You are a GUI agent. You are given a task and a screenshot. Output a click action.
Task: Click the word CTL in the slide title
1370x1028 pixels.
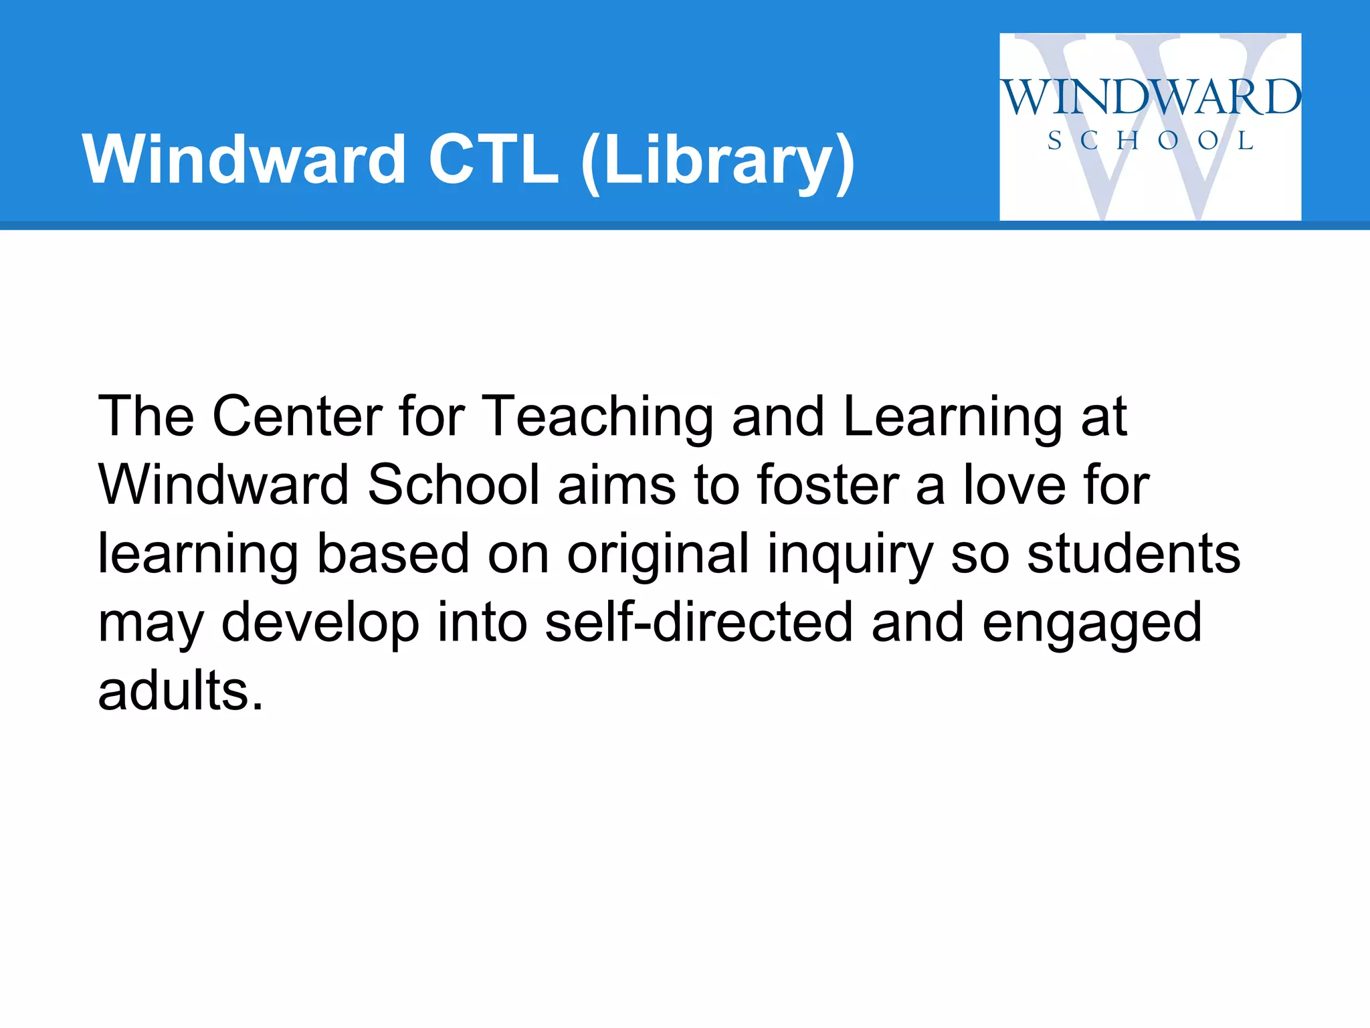[493, 159]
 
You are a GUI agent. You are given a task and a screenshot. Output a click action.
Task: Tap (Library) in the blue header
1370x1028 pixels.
[718, 161]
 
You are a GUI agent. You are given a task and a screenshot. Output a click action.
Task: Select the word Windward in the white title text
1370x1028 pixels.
[244, 159]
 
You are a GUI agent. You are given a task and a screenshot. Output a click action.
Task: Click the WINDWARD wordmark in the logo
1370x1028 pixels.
[1151, 98]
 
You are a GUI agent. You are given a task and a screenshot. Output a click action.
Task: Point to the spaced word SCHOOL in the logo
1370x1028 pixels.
[1151, 141]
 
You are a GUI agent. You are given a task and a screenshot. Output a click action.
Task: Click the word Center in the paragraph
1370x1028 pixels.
[298, 416]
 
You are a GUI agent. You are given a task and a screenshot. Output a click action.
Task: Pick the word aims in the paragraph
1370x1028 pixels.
[616, 485]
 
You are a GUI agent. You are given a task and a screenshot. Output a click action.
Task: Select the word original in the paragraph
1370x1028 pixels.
[658, 554]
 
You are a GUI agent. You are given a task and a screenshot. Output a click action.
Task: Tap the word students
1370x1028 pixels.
[1134, 554]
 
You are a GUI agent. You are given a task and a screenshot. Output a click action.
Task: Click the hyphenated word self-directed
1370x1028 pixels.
[699, 622]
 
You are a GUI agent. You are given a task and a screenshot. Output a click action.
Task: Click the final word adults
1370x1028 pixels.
[181, 691]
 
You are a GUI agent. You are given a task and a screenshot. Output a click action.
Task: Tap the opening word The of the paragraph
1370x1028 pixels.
[146, 416]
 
